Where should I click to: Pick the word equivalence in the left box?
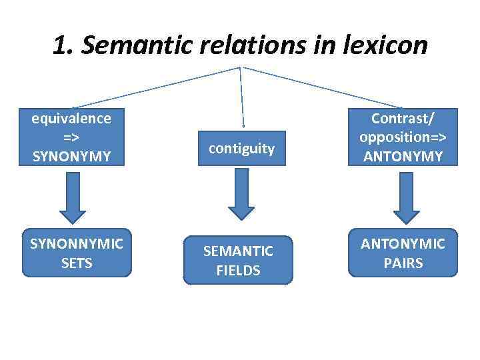[72, 119]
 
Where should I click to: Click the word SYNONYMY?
[72, 155]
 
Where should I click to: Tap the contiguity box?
[241, 148]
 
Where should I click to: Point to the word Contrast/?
[403, 119]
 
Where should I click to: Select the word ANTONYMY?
[403, 157]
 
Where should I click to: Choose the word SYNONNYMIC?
[77, 244]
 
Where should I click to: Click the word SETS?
[77, 263]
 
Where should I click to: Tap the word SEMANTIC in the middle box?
[238, 251]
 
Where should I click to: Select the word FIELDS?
[238, 271]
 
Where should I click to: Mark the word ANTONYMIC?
[403, 244]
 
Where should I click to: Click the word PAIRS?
[403, 263]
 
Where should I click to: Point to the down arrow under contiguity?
[241, 193]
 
